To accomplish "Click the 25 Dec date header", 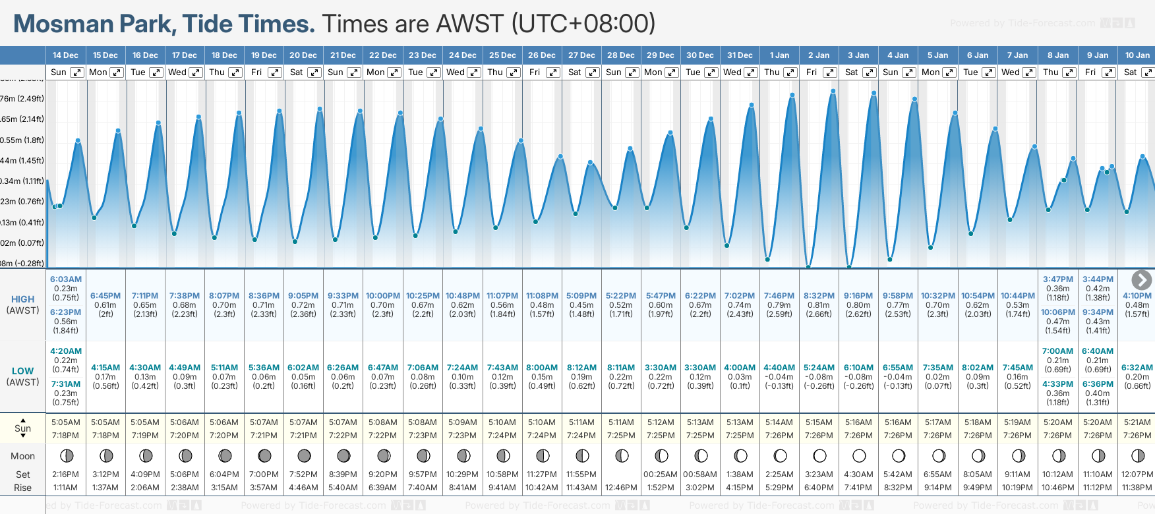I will coord(502,55).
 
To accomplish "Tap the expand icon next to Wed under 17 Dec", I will coord(196,72).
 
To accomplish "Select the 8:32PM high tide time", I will coord(819,296).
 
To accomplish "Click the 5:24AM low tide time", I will coord(819,368).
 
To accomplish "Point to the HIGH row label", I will coord(22,299).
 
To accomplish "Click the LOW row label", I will coord(22,371).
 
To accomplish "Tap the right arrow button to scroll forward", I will coord(1141,280).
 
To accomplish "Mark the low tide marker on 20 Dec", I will coord(295,241).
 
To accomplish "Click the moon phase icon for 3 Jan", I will coord(859,455).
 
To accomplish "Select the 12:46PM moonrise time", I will coord(621,488).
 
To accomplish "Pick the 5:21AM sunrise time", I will coord(1137,422).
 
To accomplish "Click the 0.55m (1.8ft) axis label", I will coord(22,140).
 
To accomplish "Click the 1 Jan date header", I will coord(779,55).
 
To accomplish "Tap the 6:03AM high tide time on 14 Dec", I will coord(66,279).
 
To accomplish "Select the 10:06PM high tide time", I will coord(1057,312).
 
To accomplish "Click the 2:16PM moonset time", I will coord(66,474).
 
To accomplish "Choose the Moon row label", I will coord(22,456).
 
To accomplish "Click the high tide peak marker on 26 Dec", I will coord(561,157).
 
